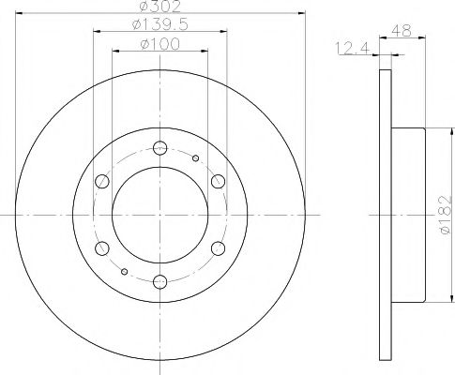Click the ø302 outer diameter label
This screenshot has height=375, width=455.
(x=159, y=7)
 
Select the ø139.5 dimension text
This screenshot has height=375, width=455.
(x=159, y=24)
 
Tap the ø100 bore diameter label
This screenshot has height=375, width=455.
(x=159, y=43)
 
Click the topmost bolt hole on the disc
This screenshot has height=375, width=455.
(x=159, y=146)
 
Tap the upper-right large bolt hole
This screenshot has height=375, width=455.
(x=218, y=180)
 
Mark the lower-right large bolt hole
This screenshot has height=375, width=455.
(x=218, y=247)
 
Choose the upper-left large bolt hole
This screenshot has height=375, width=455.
(x=100, y=180)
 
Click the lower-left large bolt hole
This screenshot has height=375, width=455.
(x=100, y=247)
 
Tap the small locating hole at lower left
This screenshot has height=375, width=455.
(x=124, y=271)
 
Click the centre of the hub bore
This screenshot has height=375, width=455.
(x=159, y=214)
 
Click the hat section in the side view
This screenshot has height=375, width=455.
(x=409, y=214)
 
